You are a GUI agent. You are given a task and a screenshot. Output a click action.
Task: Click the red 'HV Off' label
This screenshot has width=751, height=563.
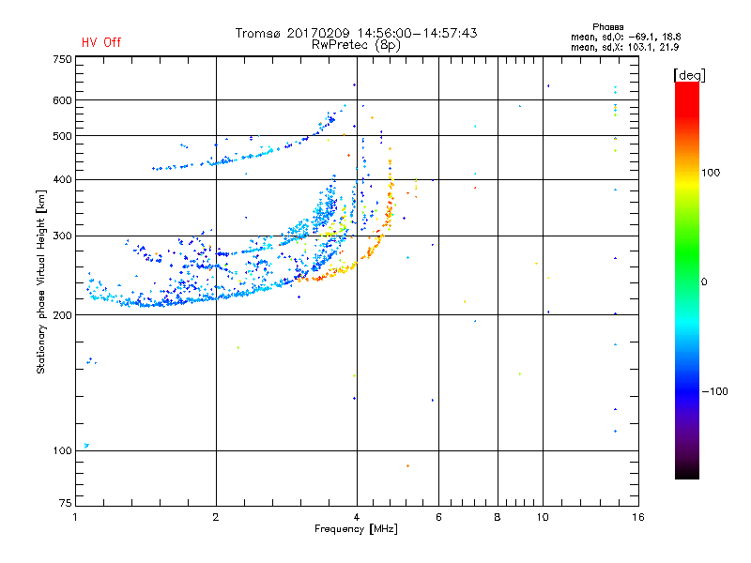point(100,42)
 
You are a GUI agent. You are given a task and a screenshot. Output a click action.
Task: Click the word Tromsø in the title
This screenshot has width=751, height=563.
point(258,33)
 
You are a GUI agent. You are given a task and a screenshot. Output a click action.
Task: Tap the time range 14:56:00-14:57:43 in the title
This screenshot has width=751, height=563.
point(417,33)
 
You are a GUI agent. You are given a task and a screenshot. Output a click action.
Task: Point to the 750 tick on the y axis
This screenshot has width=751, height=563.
point(61,58)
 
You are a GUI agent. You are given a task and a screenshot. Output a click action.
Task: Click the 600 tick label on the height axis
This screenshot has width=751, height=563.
point(61,99)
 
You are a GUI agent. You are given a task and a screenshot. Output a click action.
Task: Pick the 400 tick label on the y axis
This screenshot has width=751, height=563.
point(61,179)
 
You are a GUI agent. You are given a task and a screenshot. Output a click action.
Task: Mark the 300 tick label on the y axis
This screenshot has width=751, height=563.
point(61,236)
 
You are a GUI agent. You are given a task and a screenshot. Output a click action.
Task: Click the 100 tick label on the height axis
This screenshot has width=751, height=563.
point(61,450)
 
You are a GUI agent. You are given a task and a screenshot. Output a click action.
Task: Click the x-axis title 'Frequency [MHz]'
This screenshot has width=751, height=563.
point(357,530)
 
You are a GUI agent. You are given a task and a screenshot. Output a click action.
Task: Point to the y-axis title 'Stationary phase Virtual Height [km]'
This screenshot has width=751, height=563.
point(41,281)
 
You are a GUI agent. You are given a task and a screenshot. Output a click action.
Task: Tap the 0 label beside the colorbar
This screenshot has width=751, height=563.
point(705,281)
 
